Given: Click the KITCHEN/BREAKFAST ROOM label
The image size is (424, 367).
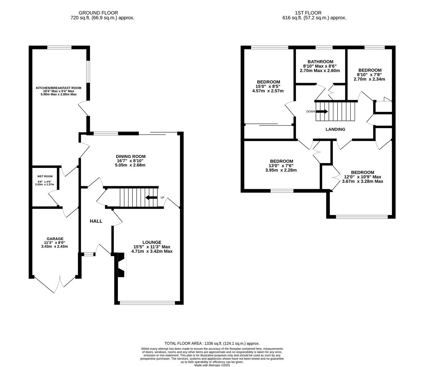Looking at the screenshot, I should [x=59, y=88].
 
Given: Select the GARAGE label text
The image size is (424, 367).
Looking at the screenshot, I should [x=55, y=239].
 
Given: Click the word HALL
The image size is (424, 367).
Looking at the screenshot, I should [x=96, y=221].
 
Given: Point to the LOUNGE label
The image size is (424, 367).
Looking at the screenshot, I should [x=152, y=242].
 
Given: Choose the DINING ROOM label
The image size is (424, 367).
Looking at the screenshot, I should [x=130, y=156].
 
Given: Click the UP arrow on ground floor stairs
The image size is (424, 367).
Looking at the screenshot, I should [x=151, y=197].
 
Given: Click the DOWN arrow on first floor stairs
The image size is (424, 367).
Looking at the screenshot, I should [x=322, y=111].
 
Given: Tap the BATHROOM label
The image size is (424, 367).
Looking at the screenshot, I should [x=320, y=62].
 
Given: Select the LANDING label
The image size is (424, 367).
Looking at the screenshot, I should [x=335, y=129].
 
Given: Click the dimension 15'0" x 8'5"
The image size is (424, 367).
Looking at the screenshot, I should [x=268, y=86].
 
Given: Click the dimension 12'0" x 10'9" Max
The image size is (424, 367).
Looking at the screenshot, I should [x=363, y=177].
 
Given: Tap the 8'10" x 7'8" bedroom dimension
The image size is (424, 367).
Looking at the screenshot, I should [x=369, y=75].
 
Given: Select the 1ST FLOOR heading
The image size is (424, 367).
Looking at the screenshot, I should [x=314, y=13].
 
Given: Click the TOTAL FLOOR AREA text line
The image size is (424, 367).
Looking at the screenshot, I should [x=212, y=344].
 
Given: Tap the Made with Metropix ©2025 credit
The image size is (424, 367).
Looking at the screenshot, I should [x=212, y=365].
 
